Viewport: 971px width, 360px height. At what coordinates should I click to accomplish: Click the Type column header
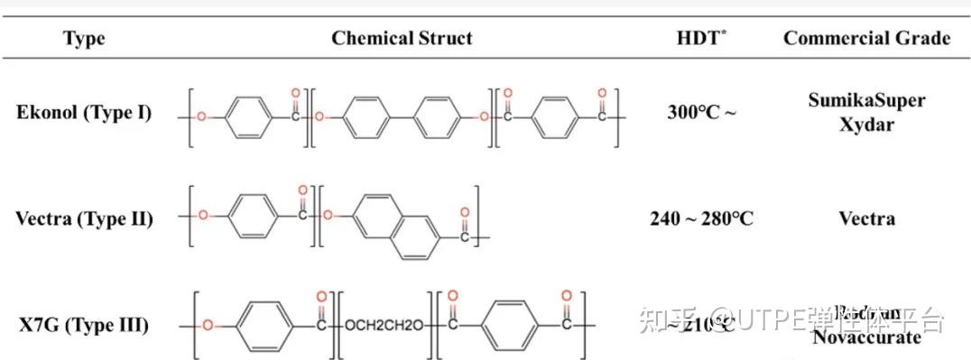tap(84, 38)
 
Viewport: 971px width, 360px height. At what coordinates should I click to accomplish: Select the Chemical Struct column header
tap(402, 38)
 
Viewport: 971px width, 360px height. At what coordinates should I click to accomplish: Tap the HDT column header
tap(700, 38)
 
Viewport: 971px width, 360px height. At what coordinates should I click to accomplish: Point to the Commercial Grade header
tap(866, 38)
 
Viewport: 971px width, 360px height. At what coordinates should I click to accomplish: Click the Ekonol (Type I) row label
tap(84, 113)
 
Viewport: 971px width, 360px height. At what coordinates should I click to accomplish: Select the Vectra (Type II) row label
tap(84, 218)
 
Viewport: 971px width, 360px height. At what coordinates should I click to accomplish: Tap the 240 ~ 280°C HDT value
tap(701, 218)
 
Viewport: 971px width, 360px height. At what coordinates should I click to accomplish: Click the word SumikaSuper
tap(866, 100)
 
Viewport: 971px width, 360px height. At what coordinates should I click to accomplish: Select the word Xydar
tap(866, 124)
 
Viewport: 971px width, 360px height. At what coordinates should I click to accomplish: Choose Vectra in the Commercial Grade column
tap(866, 218)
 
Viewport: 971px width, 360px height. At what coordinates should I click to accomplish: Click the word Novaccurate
tap(866, 337)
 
